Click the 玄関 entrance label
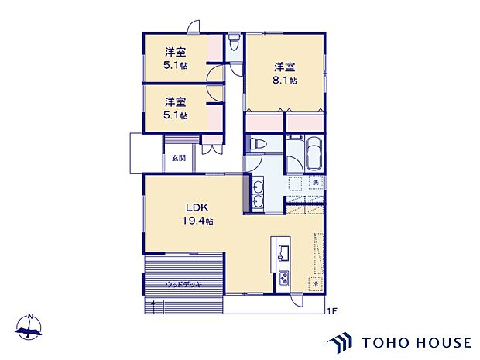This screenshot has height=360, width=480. coord(179,157)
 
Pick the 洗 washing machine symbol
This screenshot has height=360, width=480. coord(316,182)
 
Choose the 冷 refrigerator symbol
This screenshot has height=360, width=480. coord(316,284)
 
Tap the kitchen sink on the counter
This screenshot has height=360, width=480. coord(282,252)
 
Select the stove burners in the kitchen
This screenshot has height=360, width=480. coord(283,279)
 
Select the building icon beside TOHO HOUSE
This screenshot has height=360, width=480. coord(341,341)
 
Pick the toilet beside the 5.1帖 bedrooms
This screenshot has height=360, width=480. coord(235,41)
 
